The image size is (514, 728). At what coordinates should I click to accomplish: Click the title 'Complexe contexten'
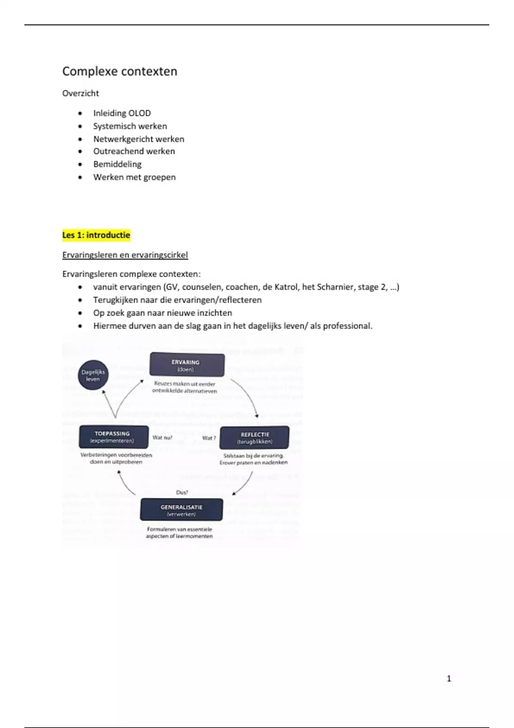tap(120, 71)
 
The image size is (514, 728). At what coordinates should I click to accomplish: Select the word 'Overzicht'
tap(81, 93)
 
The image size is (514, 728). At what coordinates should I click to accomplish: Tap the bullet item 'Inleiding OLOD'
tap(122, 113)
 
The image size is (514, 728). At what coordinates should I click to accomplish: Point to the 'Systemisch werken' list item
tap(130, 126)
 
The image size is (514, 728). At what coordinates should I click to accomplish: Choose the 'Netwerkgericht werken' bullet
tap(139, 139)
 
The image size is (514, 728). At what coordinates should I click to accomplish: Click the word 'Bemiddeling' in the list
tap(117, 164)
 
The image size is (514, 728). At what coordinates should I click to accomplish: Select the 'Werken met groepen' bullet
tap(134, 177)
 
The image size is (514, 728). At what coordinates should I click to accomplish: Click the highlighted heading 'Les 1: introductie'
tap(96, 235)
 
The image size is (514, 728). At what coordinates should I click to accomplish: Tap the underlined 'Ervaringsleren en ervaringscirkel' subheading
tap(125, 255)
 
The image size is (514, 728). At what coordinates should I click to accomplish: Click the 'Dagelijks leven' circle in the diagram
tap(93, 375)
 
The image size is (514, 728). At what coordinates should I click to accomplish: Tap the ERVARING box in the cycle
tap(187, 365)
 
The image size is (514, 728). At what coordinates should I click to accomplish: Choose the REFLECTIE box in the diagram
tap(254, 437)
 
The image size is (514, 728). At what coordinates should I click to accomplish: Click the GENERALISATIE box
tap(182, 510)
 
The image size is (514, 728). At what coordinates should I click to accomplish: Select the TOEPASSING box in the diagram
tap(113, 437)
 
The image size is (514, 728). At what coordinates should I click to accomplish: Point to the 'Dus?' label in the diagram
tap(182, 492)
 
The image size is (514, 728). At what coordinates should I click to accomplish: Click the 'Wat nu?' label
tap(162, 438)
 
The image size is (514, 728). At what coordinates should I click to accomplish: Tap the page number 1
tap(449, 678)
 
